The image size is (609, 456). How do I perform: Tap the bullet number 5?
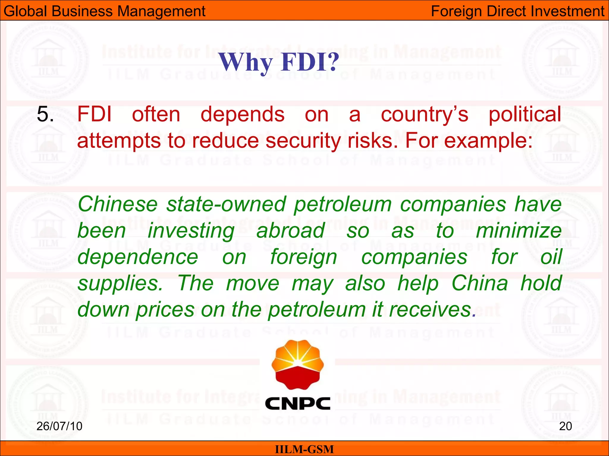point(45,114)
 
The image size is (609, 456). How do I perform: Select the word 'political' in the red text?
point(525,114)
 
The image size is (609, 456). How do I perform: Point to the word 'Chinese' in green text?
point(117,204)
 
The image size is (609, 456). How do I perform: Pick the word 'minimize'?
point(519,231)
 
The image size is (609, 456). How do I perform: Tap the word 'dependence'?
point(138,257)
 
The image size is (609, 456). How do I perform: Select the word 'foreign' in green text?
point(304,257)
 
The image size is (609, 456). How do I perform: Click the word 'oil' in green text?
point(551,257)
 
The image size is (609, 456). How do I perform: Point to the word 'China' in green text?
point(480,283)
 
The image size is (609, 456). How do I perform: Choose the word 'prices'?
point(165,310)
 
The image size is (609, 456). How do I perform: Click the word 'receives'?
point(430,310)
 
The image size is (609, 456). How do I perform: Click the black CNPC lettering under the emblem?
point(297,404)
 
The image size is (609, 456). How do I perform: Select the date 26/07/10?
point(59,426)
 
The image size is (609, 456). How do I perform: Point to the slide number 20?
point(565,426)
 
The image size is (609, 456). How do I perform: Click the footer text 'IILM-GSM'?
point(304,449)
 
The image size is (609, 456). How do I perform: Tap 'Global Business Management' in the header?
point(104,11)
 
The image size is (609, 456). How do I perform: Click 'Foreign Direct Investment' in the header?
point(517,11)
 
